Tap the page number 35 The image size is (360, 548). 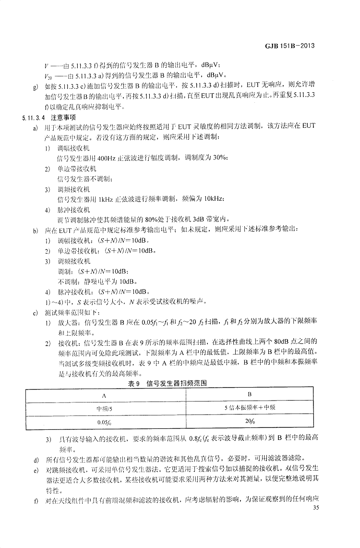pyautogui.click(x=315, y=508)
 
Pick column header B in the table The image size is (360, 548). pyautogui.click(x=250, y=394)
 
